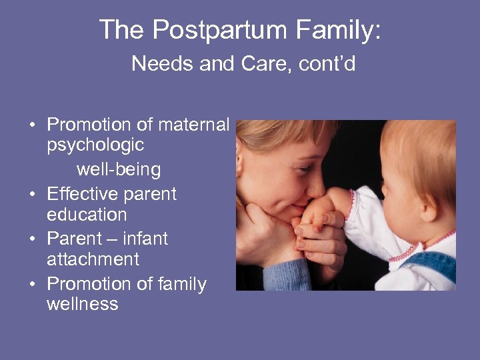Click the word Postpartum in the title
click(x=212, y=31)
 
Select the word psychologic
click(x=95, y=145)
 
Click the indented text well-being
click(x=119, y=169)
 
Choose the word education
click(x=87, y=215)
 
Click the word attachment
click(x=93, y=259)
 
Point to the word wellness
click(x=82, y=304)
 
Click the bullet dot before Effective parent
click(x=31, y=195)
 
